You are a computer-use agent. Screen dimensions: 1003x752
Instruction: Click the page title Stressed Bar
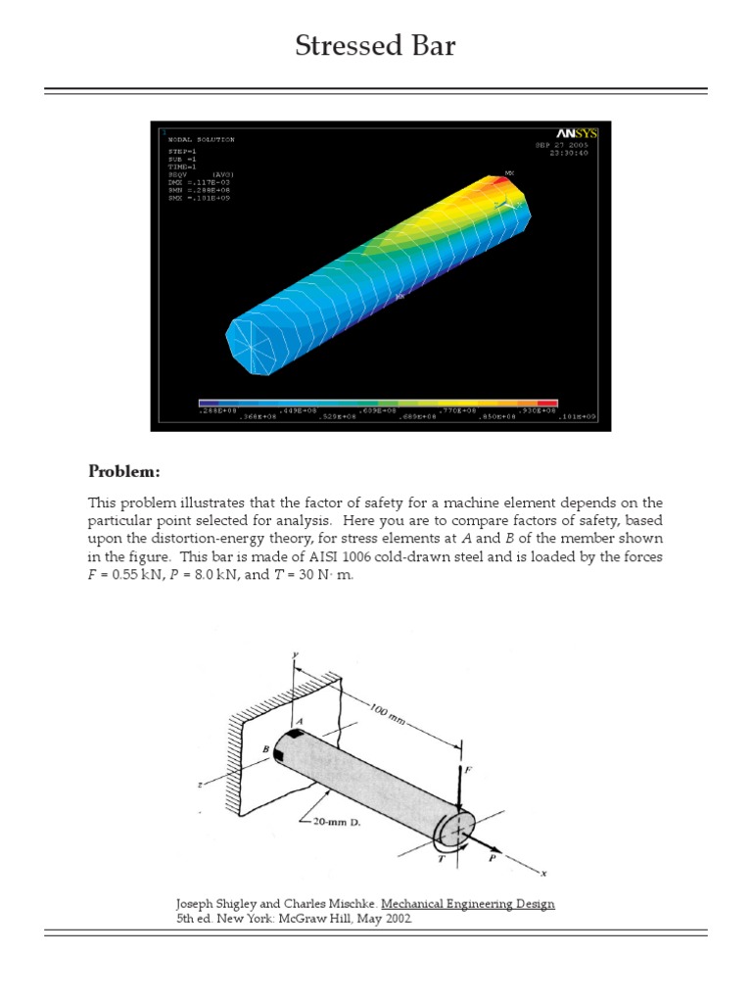[x=376, y=45]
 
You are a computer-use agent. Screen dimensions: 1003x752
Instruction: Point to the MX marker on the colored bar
[x=508, y=173]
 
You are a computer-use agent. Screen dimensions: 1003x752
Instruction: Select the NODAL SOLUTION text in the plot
[x=201, y=139]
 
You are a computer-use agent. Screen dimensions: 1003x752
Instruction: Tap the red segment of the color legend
[x=547, y=403]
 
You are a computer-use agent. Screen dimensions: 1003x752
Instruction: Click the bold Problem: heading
[x=123, y=470]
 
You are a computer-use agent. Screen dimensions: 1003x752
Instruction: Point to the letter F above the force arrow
[x=467, y=771]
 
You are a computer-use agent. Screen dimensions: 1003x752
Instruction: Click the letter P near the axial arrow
[x=492, y=856]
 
